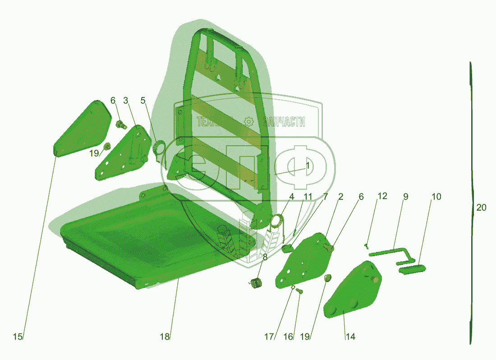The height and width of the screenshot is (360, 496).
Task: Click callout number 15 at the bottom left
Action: [18, 337]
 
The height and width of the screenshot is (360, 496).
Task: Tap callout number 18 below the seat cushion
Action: [165, 337]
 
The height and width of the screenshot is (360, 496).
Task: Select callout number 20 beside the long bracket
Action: [481, 208]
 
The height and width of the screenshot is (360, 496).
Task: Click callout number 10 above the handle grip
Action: [436, 197]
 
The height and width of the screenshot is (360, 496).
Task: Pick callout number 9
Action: [405, 197]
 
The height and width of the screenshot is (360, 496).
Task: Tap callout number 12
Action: [382, 197]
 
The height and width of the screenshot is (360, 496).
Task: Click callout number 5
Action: [143, 100]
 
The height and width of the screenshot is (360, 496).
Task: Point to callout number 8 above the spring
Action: [265, 258]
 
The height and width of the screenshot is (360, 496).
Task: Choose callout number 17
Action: [269, 337]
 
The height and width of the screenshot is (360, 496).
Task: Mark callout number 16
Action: [289, 337]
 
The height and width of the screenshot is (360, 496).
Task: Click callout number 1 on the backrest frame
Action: [308, 166]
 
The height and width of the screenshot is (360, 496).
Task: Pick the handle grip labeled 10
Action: [411, 269]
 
